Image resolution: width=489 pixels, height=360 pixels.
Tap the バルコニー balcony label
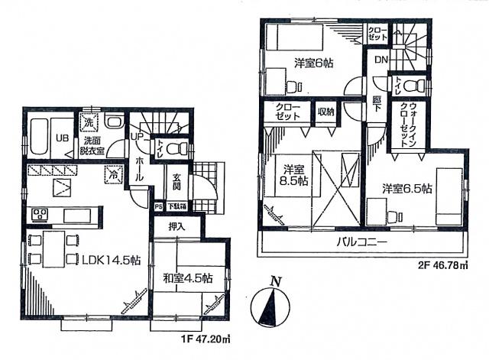tap(362, 242)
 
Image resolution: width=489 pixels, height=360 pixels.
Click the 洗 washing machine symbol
tap(89, 123)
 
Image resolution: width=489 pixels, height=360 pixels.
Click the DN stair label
tap(380, 59)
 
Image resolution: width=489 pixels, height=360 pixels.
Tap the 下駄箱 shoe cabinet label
tap(177, 206)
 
